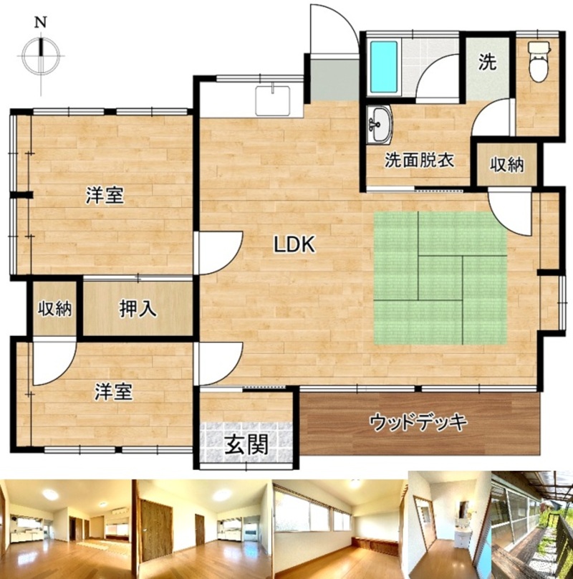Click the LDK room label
pyautogui.click(x=294, y=244)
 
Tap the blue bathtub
pyautogui.click(x=384, y=67)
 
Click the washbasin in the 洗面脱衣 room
pyautogui.click(x=380, y=124)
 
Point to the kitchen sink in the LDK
pyautogui.click(x=273, y=100)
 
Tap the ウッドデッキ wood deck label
pyautogui.click(x=419, y=422)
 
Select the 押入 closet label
pyautogui.click(x=138, y=309)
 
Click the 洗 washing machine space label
pyautogui.click(x=487, y=62)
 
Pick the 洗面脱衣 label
pyautogui.click(x=420, y=161)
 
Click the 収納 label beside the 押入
pyautogui.click(x=55, y=309)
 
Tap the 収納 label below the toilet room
pyautogui.click(x=507, y=165)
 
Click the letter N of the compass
pyautogui.click(x=41, y=23)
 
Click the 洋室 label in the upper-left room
pyautogui.click(x=105, y=196)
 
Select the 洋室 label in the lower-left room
pyautogui.click(x=113, y=392)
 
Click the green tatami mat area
pyautogui.click(x=440, y=278)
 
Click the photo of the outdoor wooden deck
pyautogui.click(x=532, y=525)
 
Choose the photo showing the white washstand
pyautogui.click(x=450, y=525)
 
